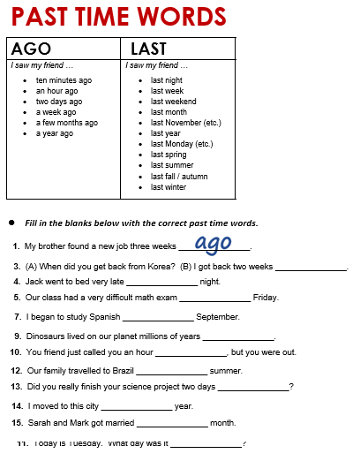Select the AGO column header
point(32,49)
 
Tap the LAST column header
point(148,49)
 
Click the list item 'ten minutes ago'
point(64,80)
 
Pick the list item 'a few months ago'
point(67,123)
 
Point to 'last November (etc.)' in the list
point(184,123)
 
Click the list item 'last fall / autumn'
point(180,176)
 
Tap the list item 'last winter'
point(168,186)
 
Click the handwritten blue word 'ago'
point(213,243)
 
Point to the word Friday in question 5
point(266,298)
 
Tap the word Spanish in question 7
point(103,317)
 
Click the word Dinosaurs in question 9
point(49,336)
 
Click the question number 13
point(17,387)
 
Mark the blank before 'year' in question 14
point(136,406)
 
